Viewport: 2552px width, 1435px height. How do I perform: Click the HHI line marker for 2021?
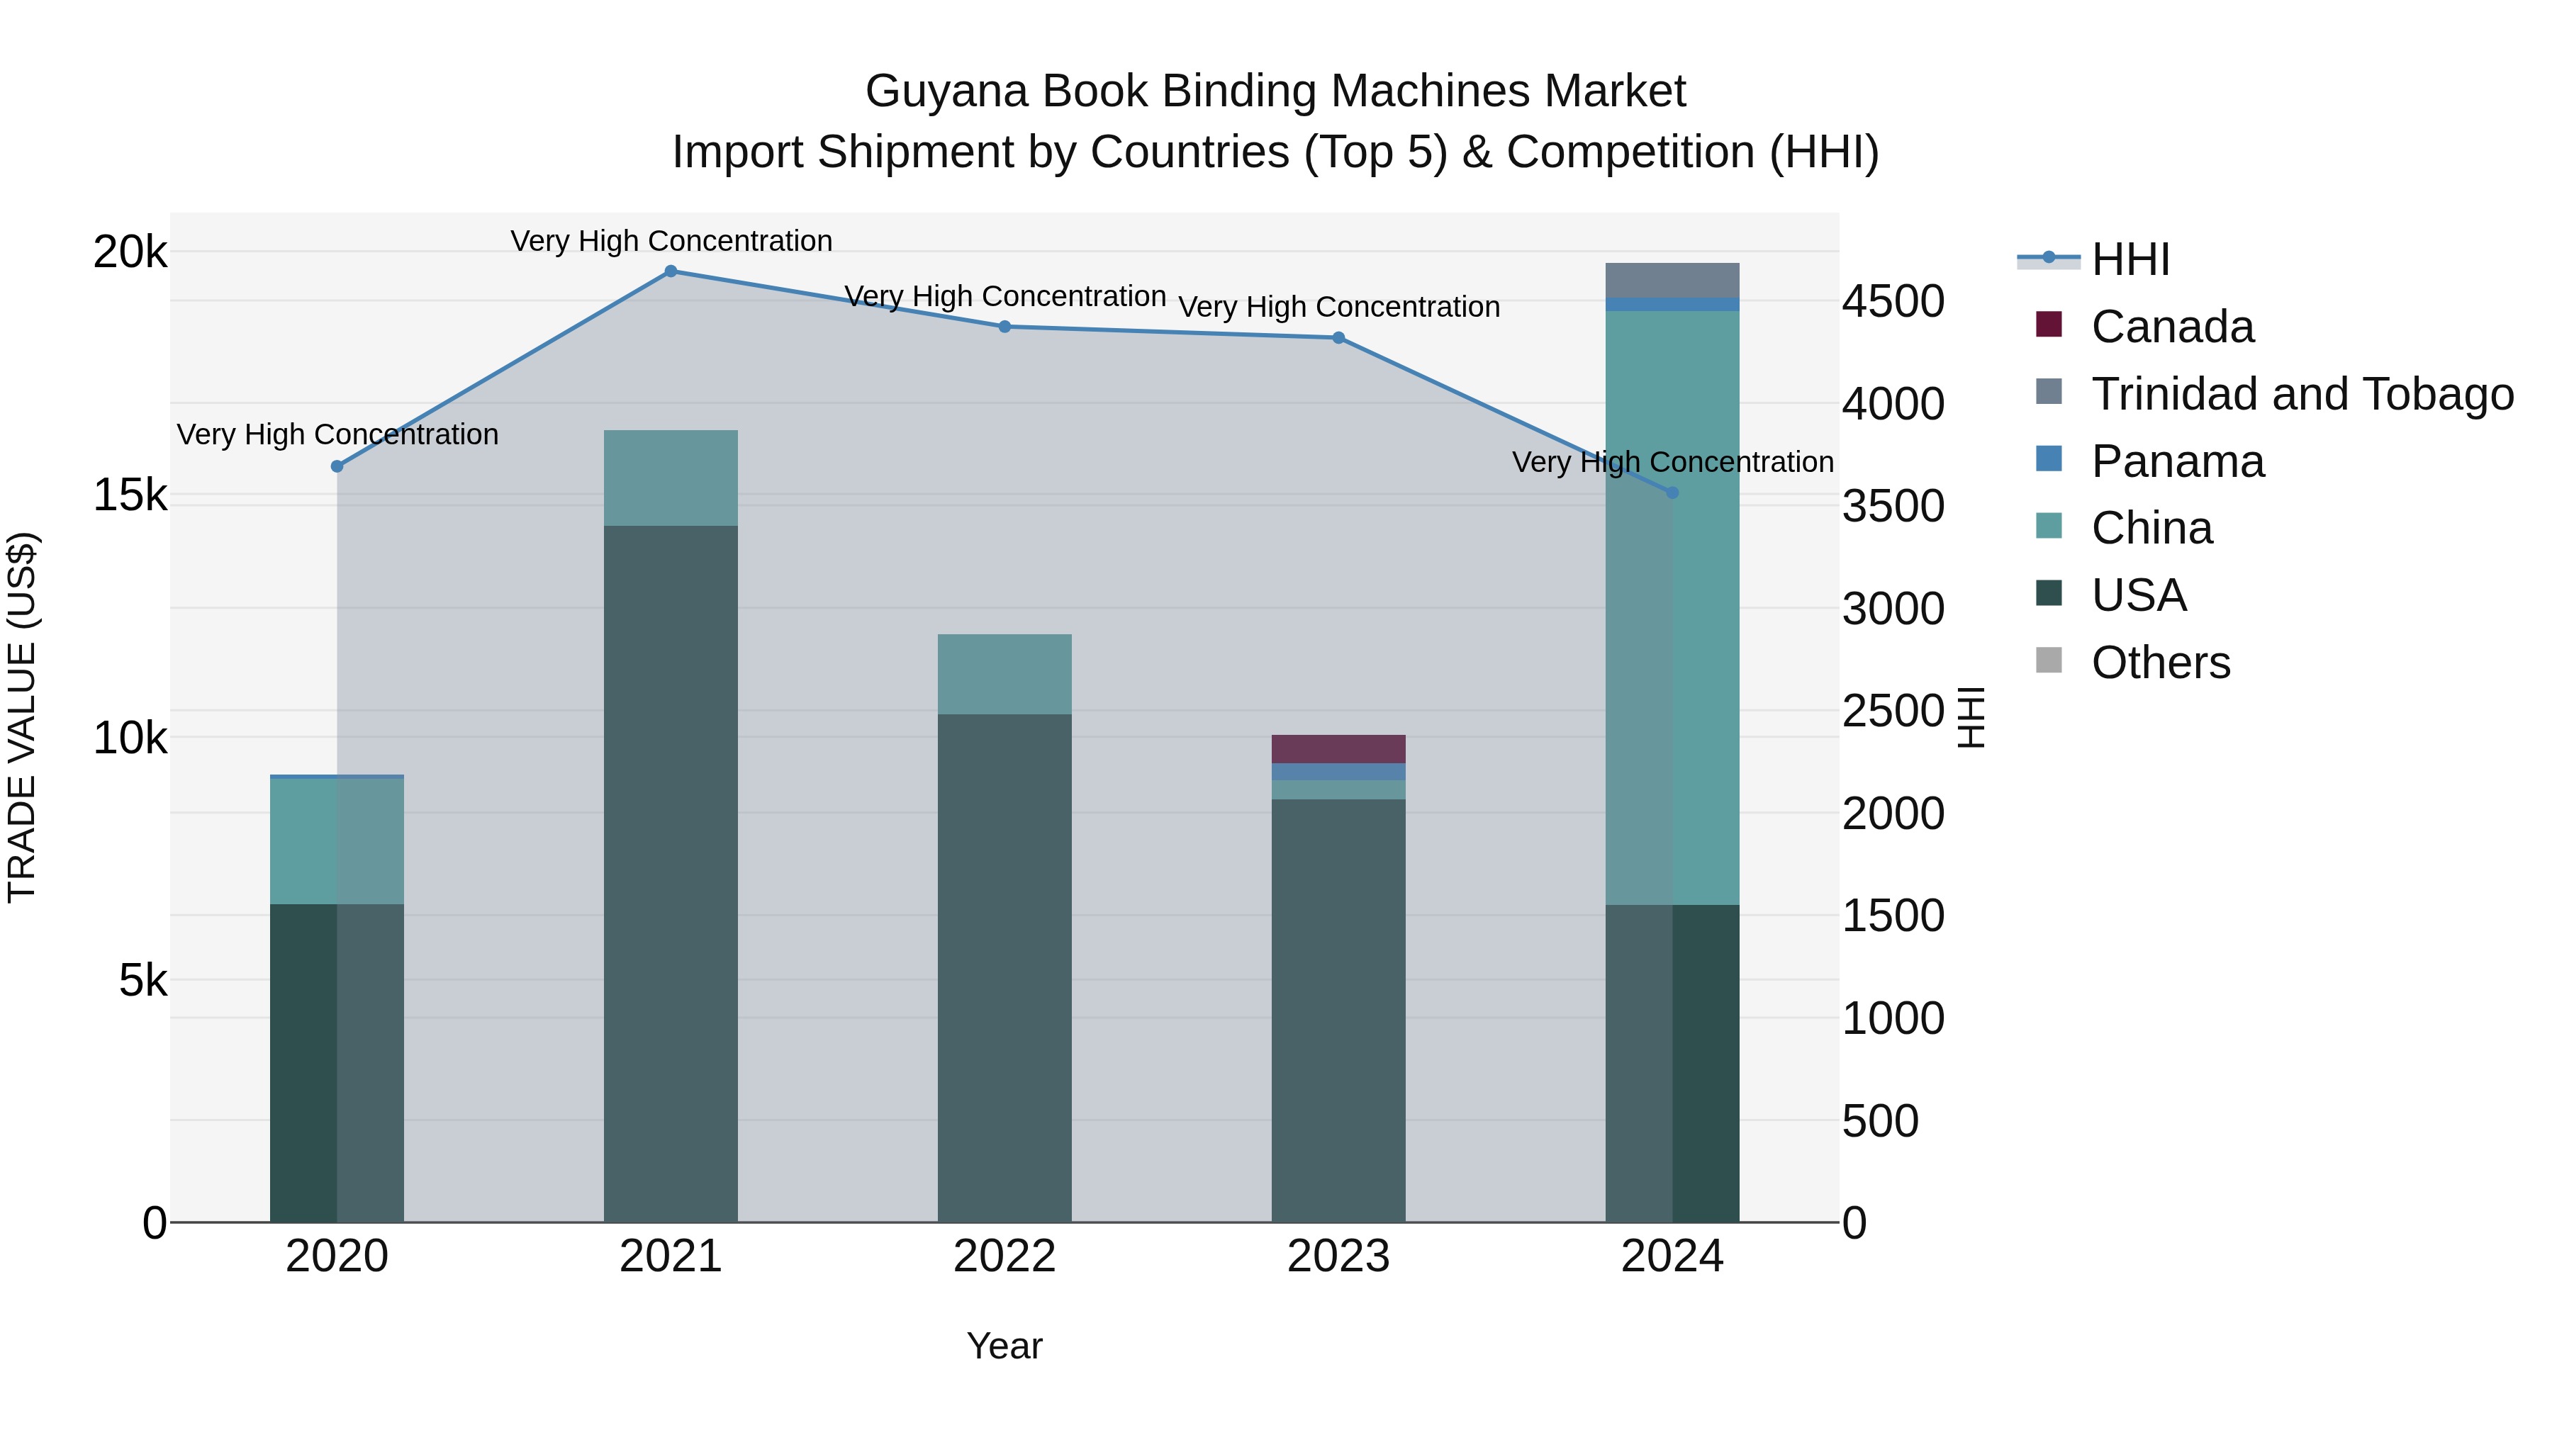pos(671,271)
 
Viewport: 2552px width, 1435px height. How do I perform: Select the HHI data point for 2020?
pos(337,466)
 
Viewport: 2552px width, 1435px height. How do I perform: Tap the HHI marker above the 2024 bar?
pos(1672,493)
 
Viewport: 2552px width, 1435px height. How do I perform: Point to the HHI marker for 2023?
pos(1338,338)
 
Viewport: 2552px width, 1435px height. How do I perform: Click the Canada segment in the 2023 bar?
pos(1338,749)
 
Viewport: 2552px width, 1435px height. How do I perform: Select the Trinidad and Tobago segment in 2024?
pos(1672,280)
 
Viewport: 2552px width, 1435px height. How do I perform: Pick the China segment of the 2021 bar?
pos(671,478)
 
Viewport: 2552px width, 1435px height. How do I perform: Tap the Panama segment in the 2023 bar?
pos(1338,772)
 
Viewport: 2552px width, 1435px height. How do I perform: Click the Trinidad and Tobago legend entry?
pos(2301,394)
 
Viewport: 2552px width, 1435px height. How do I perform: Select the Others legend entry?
pos(2160,663)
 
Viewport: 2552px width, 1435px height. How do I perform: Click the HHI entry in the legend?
pos(2130,259)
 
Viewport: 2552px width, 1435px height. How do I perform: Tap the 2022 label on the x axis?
pos(1004,1256)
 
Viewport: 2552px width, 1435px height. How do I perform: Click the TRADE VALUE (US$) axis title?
pos(22,717)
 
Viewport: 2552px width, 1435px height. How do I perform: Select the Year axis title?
pos(1004,1346)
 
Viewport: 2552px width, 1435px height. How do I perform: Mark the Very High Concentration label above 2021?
pos(671,241)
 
